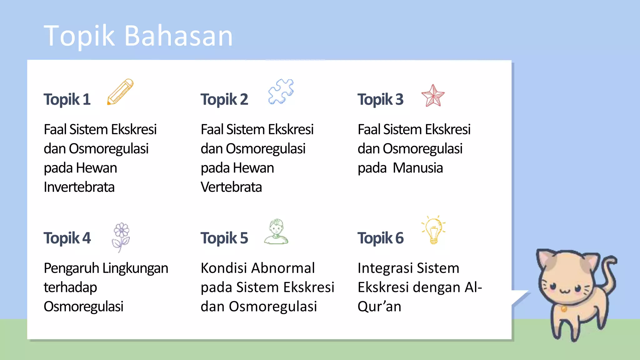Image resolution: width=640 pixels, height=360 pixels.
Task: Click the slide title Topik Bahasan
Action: tap(138, 36)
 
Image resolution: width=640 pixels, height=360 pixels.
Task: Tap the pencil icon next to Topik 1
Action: tap(120, 92)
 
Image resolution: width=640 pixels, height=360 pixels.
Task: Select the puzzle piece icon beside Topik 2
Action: tap(281, 91)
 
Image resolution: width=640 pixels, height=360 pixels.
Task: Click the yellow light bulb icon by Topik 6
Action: tap(434, 230)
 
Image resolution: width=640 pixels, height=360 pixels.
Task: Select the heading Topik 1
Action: tap(67, 99)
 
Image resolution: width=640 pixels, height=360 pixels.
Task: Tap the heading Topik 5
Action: tap(224, 238)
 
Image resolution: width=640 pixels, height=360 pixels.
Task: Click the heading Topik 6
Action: tap(380, 238)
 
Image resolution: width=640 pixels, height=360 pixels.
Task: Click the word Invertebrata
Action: tap(79, 187)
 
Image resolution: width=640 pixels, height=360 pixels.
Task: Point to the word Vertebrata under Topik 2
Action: tap(231, 187)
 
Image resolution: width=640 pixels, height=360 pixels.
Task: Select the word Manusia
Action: tap(418, 168)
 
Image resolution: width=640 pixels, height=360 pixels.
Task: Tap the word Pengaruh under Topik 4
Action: tap(71, 268)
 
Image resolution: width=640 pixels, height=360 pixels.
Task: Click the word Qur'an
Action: tap(379, 307)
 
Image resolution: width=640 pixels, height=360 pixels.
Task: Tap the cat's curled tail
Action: tap(609, 269)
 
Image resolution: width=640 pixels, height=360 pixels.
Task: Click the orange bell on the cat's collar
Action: tap(564, 309)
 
